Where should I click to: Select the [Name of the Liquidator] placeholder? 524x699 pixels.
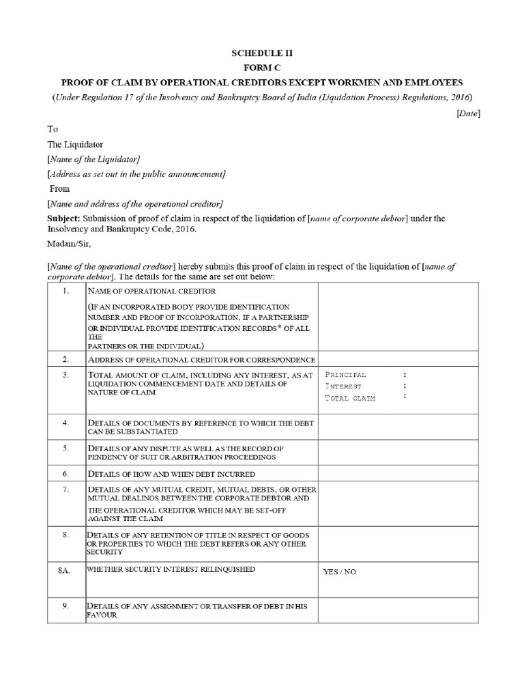coord(93,158)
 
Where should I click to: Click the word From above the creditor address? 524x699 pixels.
coord(59,188)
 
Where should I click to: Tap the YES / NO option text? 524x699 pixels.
coord(339,571)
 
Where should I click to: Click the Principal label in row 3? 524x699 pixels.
coord(346,375)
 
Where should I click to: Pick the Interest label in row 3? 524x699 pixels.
coord(345,386)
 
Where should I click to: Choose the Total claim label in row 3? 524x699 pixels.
coord(350,397)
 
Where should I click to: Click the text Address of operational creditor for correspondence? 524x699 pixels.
coord(201,360)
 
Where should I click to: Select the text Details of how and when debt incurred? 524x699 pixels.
coord(172,473)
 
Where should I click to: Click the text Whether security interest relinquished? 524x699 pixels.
coord(171,569)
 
